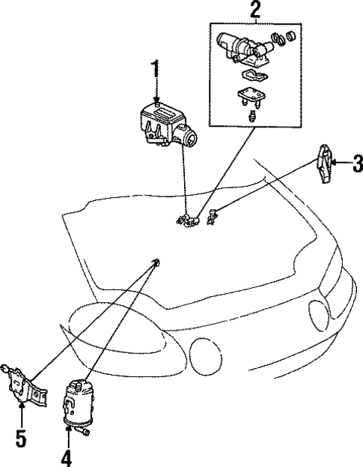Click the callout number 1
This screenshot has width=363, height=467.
[156, 72]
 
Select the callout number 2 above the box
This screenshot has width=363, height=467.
[255, 10]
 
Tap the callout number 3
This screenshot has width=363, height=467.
[357, 160]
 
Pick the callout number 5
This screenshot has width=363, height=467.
[21, 437]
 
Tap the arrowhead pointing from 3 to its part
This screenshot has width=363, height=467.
[335, 161]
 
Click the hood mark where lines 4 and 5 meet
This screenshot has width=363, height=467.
[156, 262]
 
